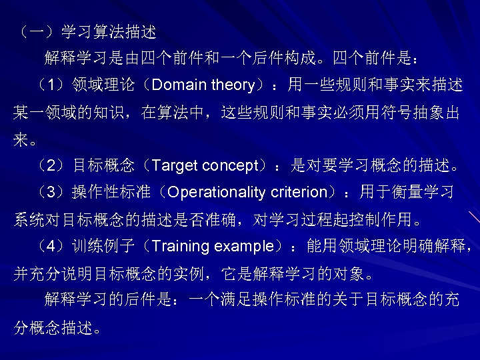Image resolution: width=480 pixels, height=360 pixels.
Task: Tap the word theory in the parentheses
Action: [x=233, y=85]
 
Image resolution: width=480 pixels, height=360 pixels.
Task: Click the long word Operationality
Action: [x=216, y=193]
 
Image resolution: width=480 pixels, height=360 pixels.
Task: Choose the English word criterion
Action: [x=297, y=193]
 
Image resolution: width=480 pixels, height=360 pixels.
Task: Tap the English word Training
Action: [x=181, y=246]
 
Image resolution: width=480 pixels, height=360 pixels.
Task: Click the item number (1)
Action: [x=51, y=85]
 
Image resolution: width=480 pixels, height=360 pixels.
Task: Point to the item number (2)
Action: [x=51, y=165]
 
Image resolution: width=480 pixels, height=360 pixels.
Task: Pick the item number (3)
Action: [x=51, y=193]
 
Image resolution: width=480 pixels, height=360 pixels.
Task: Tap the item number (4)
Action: [x=51, y=246]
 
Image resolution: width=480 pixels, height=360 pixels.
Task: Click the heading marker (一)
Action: [x=36, y=31]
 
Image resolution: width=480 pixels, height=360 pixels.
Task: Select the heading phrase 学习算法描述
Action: [x=109, y=31]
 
